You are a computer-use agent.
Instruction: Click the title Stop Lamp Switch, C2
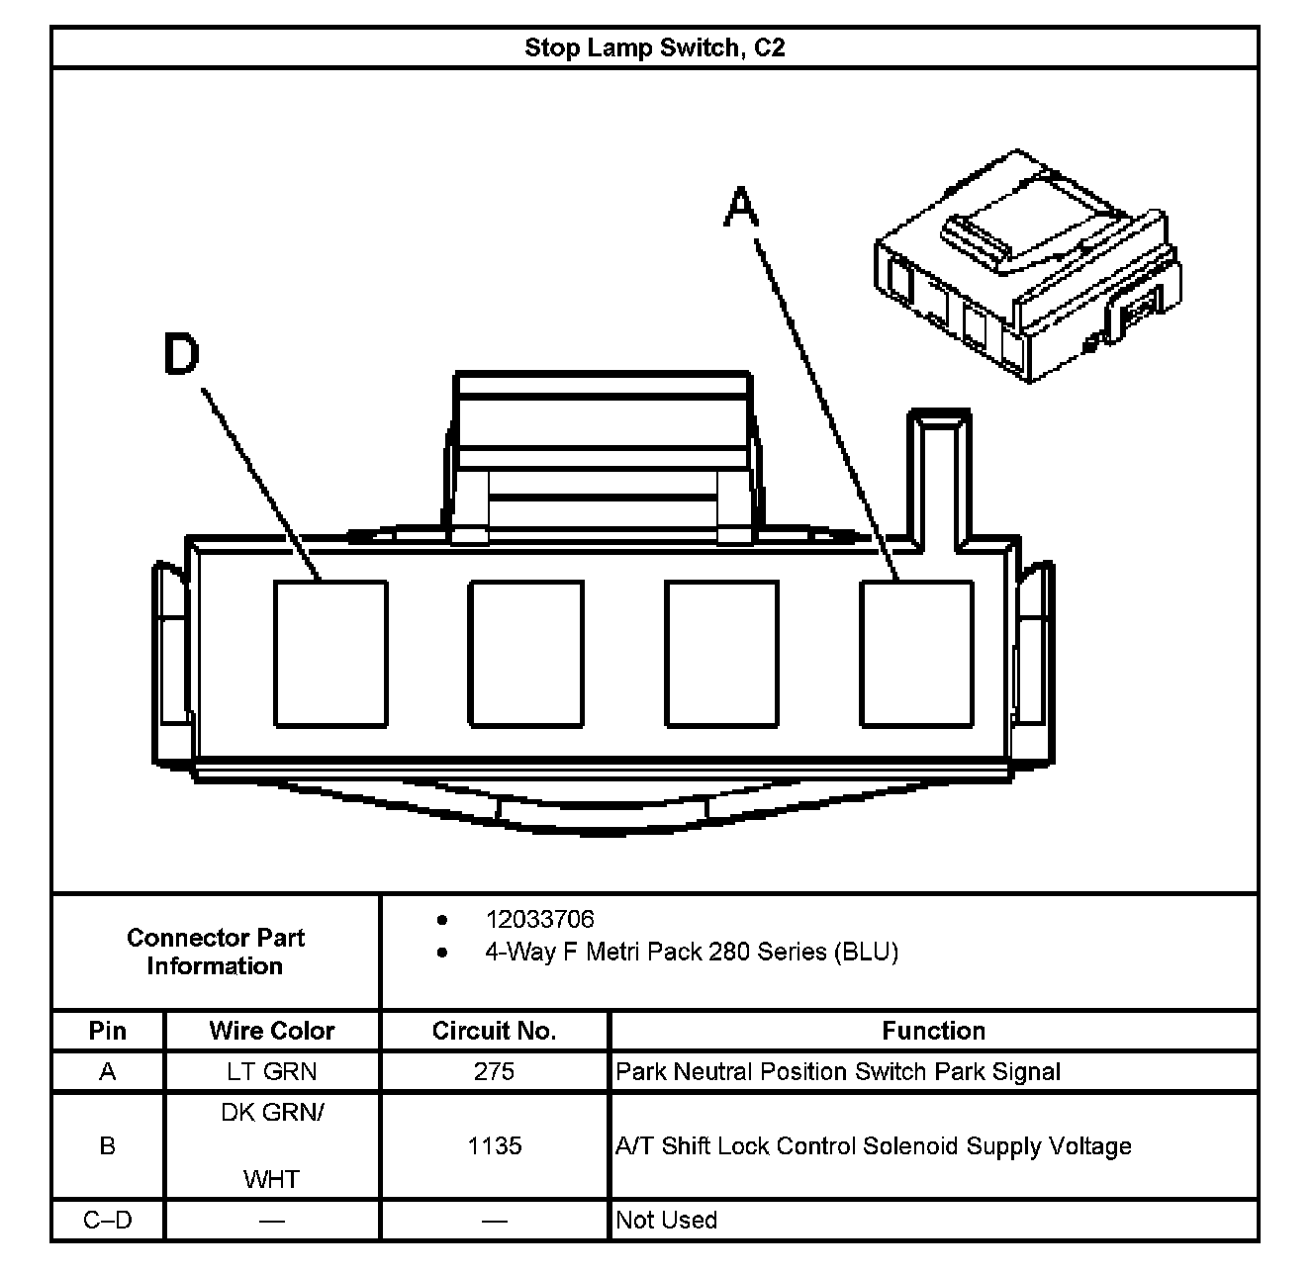(654, 47)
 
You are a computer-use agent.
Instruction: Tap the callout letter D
(182, 354)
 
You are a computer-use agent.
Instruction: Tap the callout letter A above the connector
(741, 209)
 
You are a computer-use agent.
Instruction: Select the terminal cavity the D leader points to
(330, 654)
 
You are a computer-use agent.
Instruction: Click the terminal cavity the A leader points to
(916, 654)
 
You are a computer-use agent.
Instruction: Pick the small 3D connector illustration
(1027, 268)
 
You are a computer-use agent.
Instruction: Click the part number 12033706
(539, 920)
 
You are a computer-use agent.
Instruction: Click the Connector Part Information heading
(215, 952)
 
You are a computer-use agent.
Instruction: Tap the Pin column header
(107, 1031)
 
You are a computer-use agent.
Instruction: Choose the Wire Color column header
(272, 1031)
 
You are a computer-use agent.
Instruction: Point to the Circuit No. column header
(494, 1031)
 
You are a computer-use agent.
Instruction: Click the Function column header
(933, 1031)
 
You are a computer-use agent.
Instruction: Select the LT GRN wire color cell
(272, 1071)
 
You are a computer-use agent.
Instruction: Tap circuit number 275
(494, 1071)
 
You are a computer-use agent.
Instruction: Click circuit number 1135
(494, 1145)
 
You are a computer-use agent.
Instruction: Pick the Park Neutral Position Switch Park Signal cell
(837, 1071)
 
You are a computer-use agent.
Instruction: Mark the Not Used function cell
(666, 1220)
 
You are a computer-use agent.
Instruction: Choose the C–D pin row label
(107, 1220)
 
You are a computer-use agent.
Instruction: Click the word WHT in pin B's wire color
(272, 1179)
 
